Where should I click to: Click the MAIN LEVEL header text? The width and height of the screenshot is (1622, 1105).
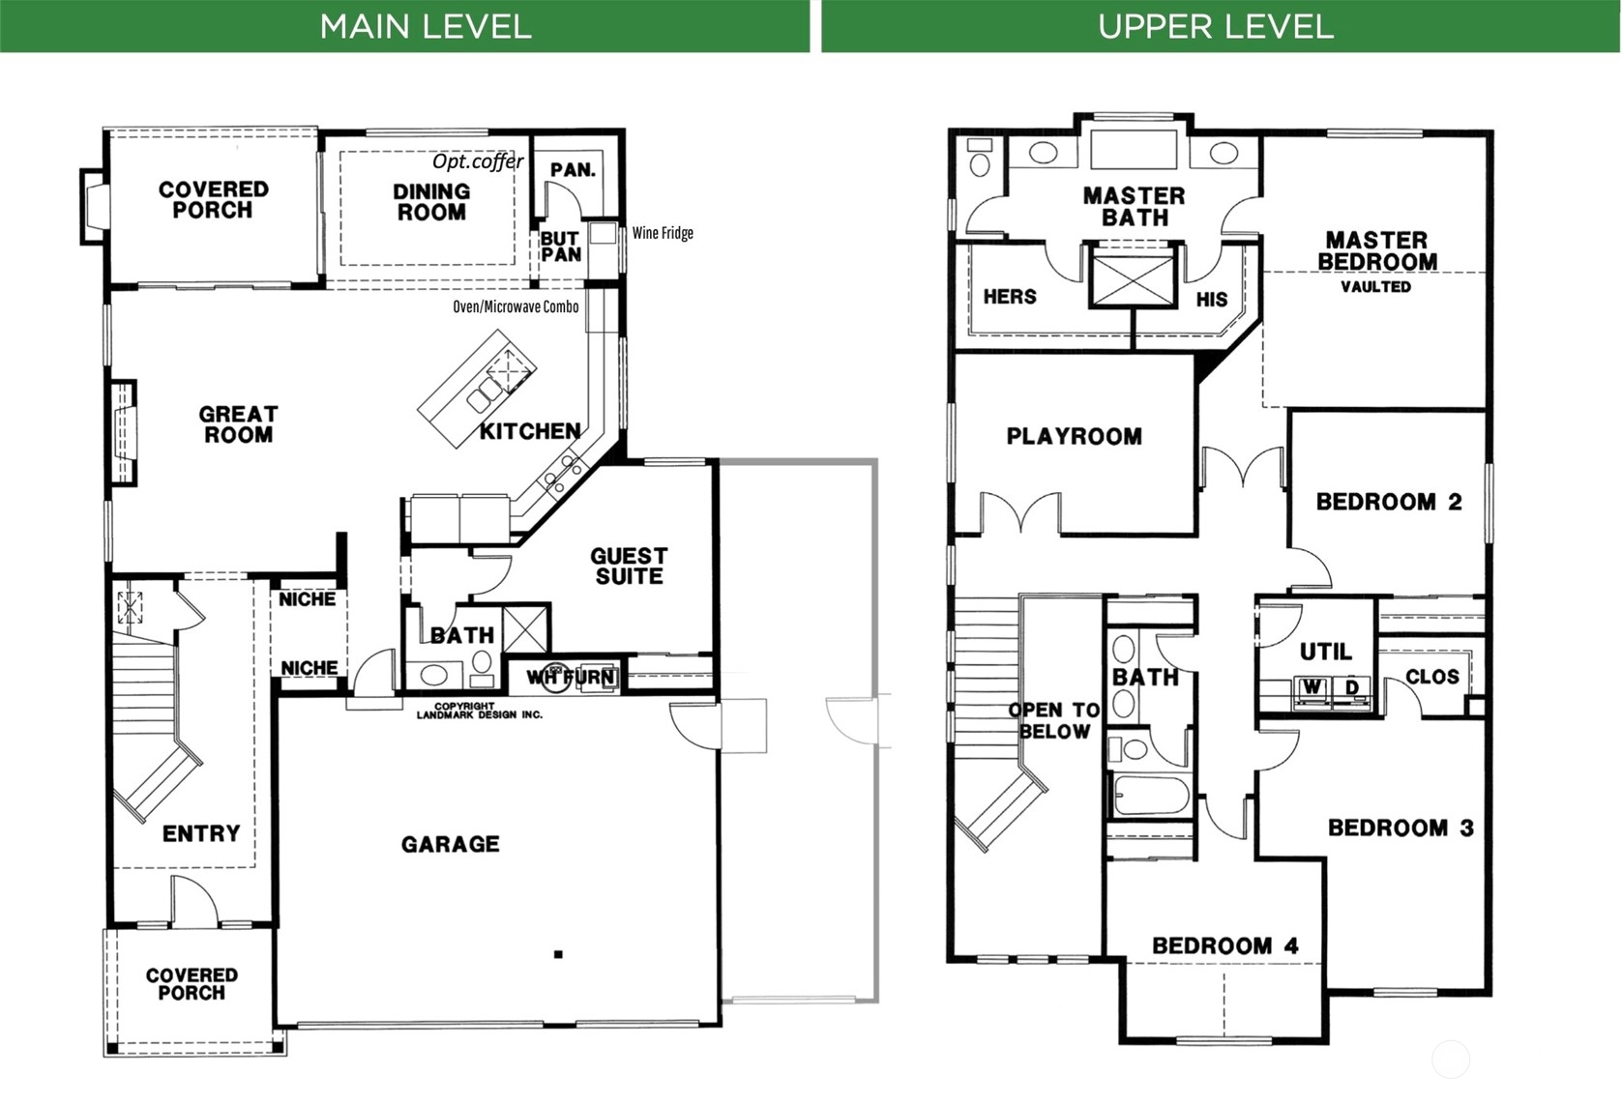pos(425,27)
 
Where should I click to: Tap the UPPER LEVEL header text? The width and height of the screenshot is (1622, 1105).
pos(1215,27)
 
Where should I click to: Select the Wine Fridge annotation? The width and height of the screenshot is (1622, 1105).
pos(663,233)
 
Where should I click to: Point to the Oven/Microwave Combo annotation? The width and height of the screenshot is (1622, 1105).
pos(516,306)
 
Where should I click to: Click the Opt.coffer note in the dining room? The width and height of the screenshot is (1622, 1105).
pos(478,160)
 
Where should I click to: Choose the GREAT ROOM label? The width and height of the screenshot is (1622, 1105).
pos(238,424)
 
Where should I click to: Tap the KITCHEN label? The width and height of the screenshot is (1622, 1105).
pos(530,431)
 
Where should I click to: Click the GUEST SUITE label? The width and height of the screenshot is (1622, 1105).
pos(629,566)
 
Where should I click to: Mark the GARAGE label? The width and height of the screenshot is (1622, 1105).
pos(451,844)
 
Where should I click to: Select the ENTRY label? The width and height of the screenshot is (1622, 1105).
pos(200,833)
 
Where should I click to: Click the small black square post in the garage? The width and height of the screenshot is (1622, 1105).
pos(557,954)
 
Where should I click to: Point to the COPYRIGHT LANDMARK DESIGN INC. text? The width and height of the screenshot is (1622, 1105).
pos(479,711)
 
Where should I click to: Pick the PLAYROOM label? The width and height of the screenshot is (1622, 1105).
pos(1074,436)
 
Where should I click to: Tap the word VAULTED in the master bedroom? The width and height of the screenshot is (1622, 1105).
pos(1375,286)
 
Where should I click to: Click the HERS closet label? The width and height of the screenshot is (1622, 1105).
pos(1010,297)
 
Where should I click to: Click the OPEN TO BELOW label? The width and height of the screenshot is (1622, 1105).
pos(1053,721)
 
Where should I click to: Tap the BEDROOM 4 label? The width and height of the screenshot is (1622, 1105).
pos(1224,945)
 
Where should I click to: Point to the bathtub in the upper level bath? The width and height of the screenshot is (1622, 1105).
pos(1151,795)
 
